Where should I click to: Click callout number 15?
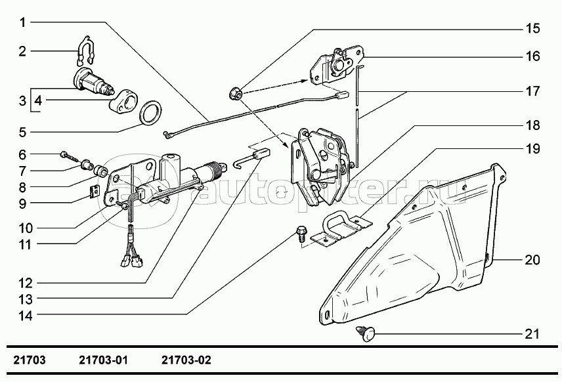532,28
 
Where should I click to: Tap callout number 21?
532,334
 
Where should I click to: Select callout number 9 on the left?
22,204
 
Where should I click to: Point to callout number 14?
26,316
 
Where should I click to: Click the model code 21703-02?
186,360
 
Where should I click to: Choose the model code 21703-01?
103,360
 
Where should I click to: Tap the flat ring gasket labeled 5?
150,112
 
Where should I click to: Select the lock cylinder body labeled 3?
95,83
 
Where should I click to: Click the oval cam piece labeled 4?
123,101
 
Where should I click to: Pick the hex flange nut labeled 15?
236,94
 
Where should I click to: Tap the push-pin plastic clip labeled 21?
365,333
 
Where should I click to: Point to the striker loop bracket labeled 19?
341,228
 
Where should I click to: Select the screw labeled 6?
71,156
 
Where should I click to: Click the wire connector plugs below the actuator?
132,261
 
